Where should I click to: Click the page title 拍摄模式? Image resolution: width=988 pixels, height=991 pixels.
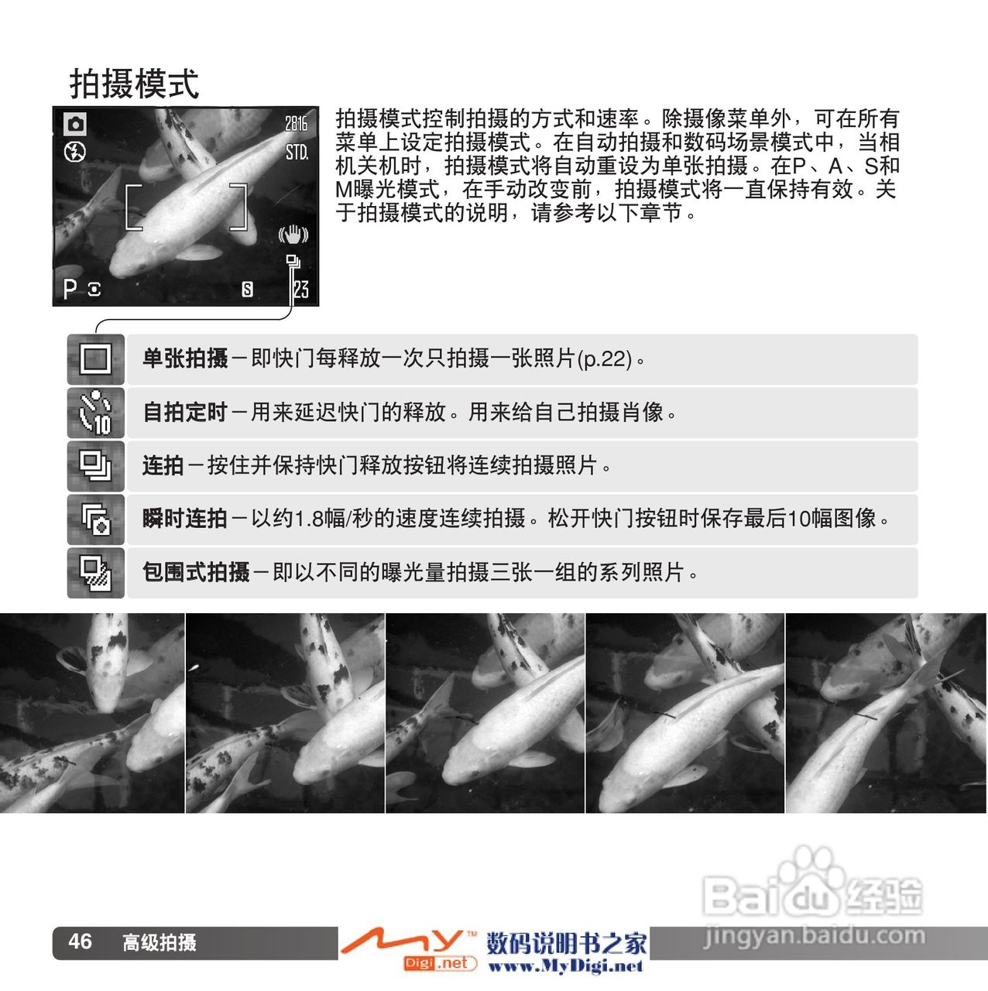(134, 84)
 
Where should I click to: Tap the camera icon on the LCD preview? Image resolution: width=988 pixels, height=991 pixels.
(75, 124)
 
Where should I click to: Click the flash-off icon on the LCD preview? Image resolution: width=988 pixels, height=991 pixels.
(75, 152)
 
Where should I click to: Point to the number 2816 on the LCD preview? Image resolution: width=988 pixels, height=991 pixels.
(297, 123)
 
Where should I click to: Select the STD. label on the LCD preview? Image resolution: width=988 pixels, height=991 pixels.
(297, 153)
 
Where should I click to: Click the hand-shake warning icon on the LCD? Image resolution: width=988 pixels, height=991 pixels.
(293, 234)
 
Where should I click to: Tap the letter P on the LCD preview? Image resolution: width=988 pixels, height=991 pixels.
(69, 289)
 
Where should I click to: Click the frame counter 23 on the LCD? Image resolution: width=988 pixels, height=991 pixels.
(301, 290)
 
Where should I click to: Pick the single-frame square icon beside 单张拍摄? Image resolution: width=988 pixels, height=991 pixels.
(95, 359)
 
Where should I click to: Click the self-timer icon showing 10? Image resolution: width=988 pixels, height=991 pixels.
(95, 413)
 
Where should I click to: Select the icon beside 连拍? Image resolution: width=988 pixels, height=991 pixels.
(95, 466)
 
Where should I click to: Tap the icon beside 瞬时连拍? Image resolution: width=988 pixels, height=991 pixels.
(96, 520)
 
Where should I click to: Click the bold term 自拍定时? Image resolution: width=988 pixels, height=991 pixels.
(185, 413)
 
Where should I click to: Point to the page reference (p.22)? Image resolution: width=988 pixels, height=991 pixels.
(605, 359)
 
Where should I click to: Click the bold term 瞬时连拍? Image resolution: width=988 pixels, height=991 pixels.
(185, 519)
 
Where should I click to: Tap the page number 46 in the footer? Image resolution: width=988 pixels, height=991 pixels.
(81, 941)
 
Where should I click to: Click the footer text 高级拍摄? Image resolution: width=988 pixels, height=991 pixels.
(160, 943)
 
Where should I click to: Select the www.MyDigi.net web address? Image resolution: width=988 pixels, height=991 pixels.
(565, 966)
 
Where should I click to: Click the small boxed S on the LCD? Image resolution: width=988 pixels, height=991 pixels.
(247, 290)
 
